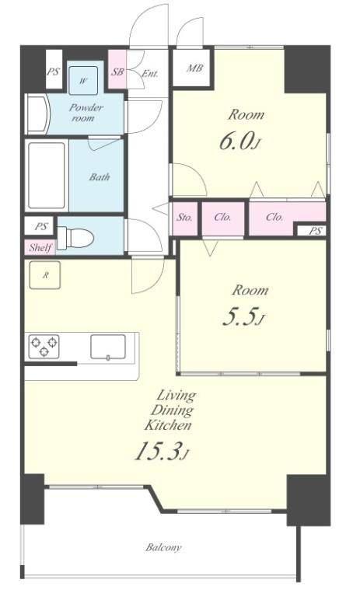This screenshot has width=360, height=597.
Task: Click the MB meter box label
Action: (x=194, y=68)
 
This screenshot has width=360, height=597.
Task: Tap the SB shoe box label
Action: (x=117, y=72)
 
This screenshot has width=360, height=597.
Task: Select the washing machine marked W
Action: (x=83, y=80)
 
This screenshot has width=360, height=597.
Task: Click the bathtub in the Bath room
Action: (x=47, y=176)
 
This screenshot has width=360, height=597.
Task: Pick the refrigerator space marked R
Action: (x=45, y=275)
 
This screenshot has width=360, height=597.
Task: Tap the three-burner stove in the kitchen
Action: (x=44, y=347)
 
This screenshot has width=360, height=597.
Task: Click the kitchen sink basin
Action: (x=108, y=347)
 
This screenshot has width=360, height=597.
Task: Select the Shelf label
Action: (x=40, y=248)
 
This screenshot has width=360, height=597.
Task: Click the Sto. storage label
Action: (x=185, y=218)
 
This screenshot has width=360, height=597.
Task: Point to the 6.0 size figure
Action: (x=236, y=141)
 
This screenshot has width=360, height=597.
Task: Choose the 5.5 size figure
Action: (x=239, y=317)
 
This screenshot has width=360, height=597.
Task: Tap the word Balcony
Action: (x=164, y=547)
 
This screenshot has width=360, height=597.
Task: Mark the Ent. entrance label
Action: (x=150, y=73)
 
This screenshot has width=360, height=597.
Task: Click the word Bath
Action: (x=100, y=176)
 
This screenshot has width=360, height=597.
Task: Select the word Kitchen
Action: (x=168, y=424)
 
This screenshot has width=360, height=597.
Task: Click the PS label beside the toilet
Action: (x=41, y=227)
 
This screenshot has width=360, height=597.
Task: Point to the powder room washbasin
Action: (x=37, y=113)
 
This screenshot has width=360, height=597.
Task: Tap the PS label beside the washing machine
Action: (x=54, y=72)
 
